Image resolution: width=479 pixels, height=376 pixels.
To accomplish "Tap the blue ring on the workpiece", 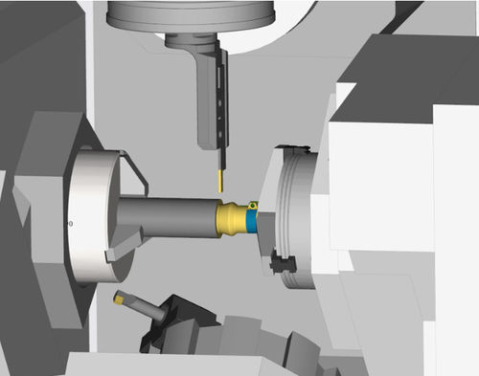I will click(x=251, y=221).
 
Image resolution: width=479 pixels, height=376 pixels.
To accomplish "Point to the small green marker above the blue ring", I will click(x=253, y=204).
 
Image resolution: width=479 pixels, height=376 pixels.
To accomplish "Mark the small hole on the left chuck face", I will click(x=71, y=223).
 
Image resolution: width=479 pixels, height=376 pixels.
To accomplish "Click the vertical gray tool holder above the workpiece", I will click(x=206, y=96).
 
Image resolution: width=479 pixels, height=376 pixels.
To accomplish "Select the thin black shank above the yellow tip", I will click(x=220, y=159).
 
